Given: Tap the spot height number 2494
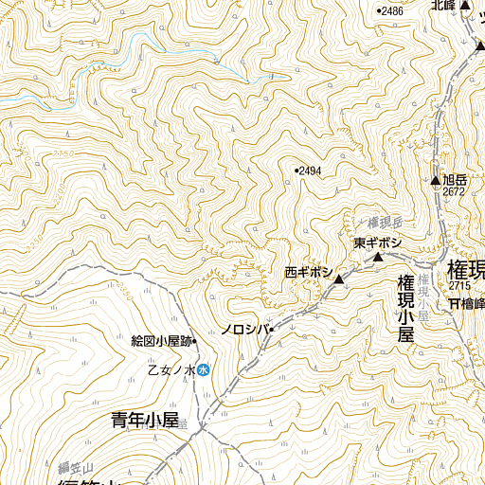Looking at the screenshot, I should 311,171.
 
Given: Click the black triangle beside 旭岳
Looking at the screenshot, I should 435,180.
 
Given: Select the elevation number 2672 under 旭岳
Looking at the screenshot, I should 453,191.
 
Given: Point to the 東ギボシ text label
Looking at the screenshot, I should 378,243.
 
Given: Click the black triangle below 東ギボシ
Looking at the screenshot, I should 377,257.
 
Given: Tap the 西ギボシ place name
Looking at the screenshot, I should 308,272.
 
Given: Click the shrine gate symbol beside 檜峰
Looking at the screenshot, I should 455,303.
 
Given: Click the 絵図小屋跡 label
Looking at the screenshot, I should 162,341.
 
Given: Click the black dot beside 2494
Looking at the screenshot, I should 296,171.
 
